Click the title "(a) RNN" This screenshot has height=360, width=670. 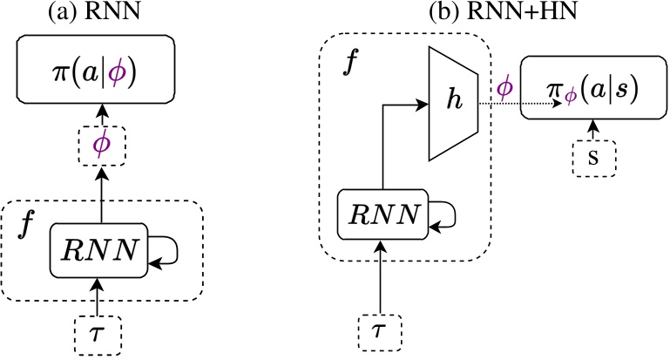[102, 13]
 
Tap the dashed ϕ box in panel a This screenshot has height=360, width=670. [102, 143]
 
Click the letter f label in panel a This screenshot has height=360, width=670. [28, 228]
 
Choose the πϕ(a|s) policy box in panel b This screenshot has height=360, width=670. [592, 91]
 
